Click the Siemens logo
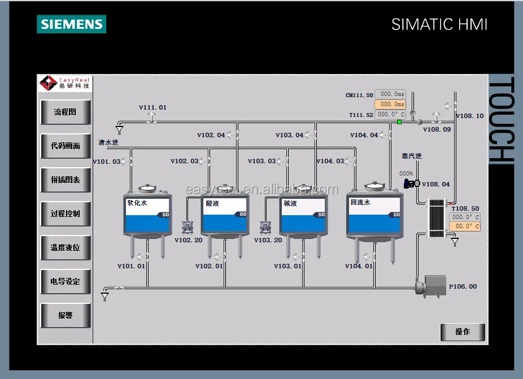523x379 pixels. [71, 24]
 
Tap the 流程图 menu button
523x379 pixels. [66, 112]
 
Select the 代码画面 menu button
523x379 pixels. [66, 146]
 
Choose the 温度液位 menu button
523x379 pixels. [66, 247]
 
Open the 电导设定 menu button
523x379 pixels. [66, 281]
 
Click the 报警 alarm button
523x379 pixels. [66, 315]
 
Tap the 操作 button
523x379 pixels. [463, 332]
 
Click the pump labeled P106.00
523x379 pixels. [432, 286]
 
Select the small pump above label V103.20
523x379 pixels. [265, 228]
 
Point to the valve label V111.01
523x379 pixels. [153, 107]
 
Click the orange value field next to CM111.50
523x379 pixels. [390, 104]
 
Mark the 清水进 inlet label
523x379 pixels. [108, 142]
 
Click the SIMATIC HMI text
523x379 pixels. [439, 24]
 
